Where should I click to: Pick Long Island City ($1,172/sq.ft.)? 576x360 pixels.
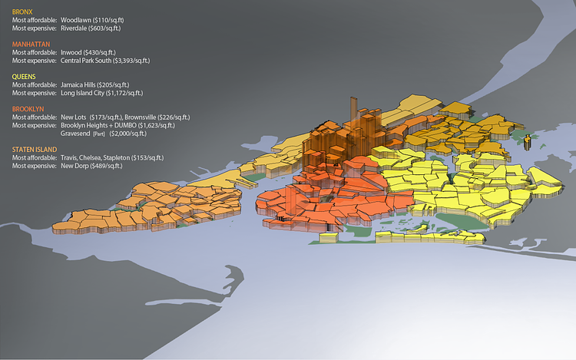[x=106, y=93]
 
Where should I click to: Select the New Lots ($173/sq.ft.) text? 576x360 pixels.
[x=85, y=117]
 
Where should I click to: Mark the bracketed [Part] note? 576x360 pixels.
[x=98, y=134]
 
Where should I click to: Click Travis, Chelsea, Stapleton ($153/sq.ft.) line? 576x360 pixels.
[x=114, y=157]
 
